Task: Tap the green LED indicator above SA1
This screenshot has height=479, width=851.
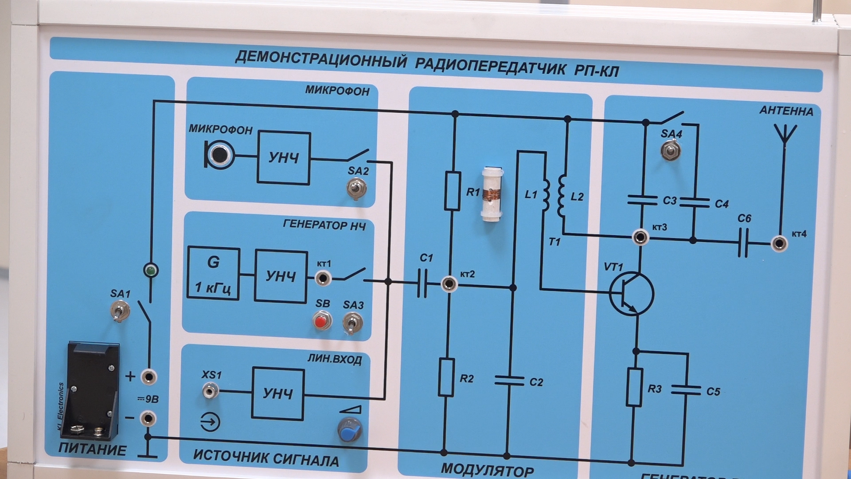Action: coord(151,270)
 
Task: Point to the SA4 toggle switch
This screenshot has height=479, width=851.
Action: coord(671,150)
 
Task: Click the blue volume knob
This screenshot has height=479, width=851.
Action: coord(350,429)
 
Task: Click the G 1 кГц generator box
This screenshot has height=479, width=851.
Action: coord(213,274)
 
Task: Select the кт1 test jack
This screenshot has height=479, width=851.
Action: coord(323,279)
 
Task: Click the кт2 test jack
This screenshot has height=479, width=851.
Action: coord(449,283)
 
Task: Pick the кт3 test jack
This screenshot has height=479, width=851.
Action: coord(640,237)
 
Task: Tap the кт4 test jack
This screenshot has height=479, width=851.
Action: coord(779,244)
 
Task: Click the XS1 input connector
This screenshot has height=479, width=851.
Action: coord(210,391)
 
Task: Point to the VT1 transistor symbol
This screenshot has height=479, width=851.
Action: coord(631,294)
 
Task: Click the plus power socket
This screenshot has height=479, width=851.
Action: coord(148,377)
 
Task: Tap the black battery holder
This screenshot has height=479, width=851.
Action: coord(93,389)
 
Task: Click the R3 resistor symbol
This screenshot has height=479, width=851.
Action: coord(635,387)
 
